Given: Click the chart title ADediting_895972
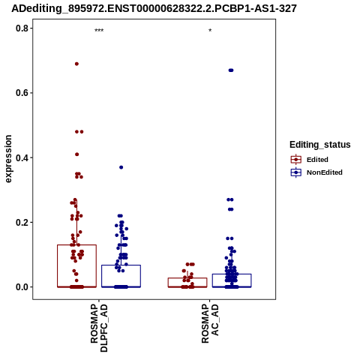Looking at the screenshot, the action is (154, 8).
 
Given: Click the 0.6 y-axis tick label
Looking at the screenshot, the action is (21, 93).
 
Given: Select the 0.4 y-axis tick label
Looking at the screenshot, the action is (21, 157).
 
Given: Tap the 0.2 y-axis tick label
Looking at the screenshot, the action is (21, 222).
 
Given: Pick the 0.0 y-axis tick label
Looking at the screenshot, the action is (21, 287).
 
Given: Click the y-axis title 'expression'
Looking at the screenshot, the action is (8, 159).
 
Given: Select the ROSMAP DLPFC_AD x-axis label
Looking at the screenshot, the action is (99, 328).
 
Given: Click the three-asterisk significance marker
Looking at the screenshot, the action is (99, 31).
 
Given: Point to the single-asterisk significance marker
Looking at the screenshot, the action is (210, 31).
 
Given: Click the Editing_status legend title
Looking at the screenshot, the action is (320, 145).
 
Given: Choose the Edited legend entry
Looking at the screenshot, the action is (310, 160).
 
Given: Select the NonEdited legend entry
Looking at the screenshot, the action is (316, 172).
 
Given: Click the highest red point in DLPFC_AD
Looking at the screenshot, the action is (76, 64).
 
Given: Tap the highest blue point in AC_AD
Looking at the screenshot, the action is (231, 70).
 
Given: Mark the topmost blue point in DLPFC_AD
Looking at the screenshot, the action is (121, 167).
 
